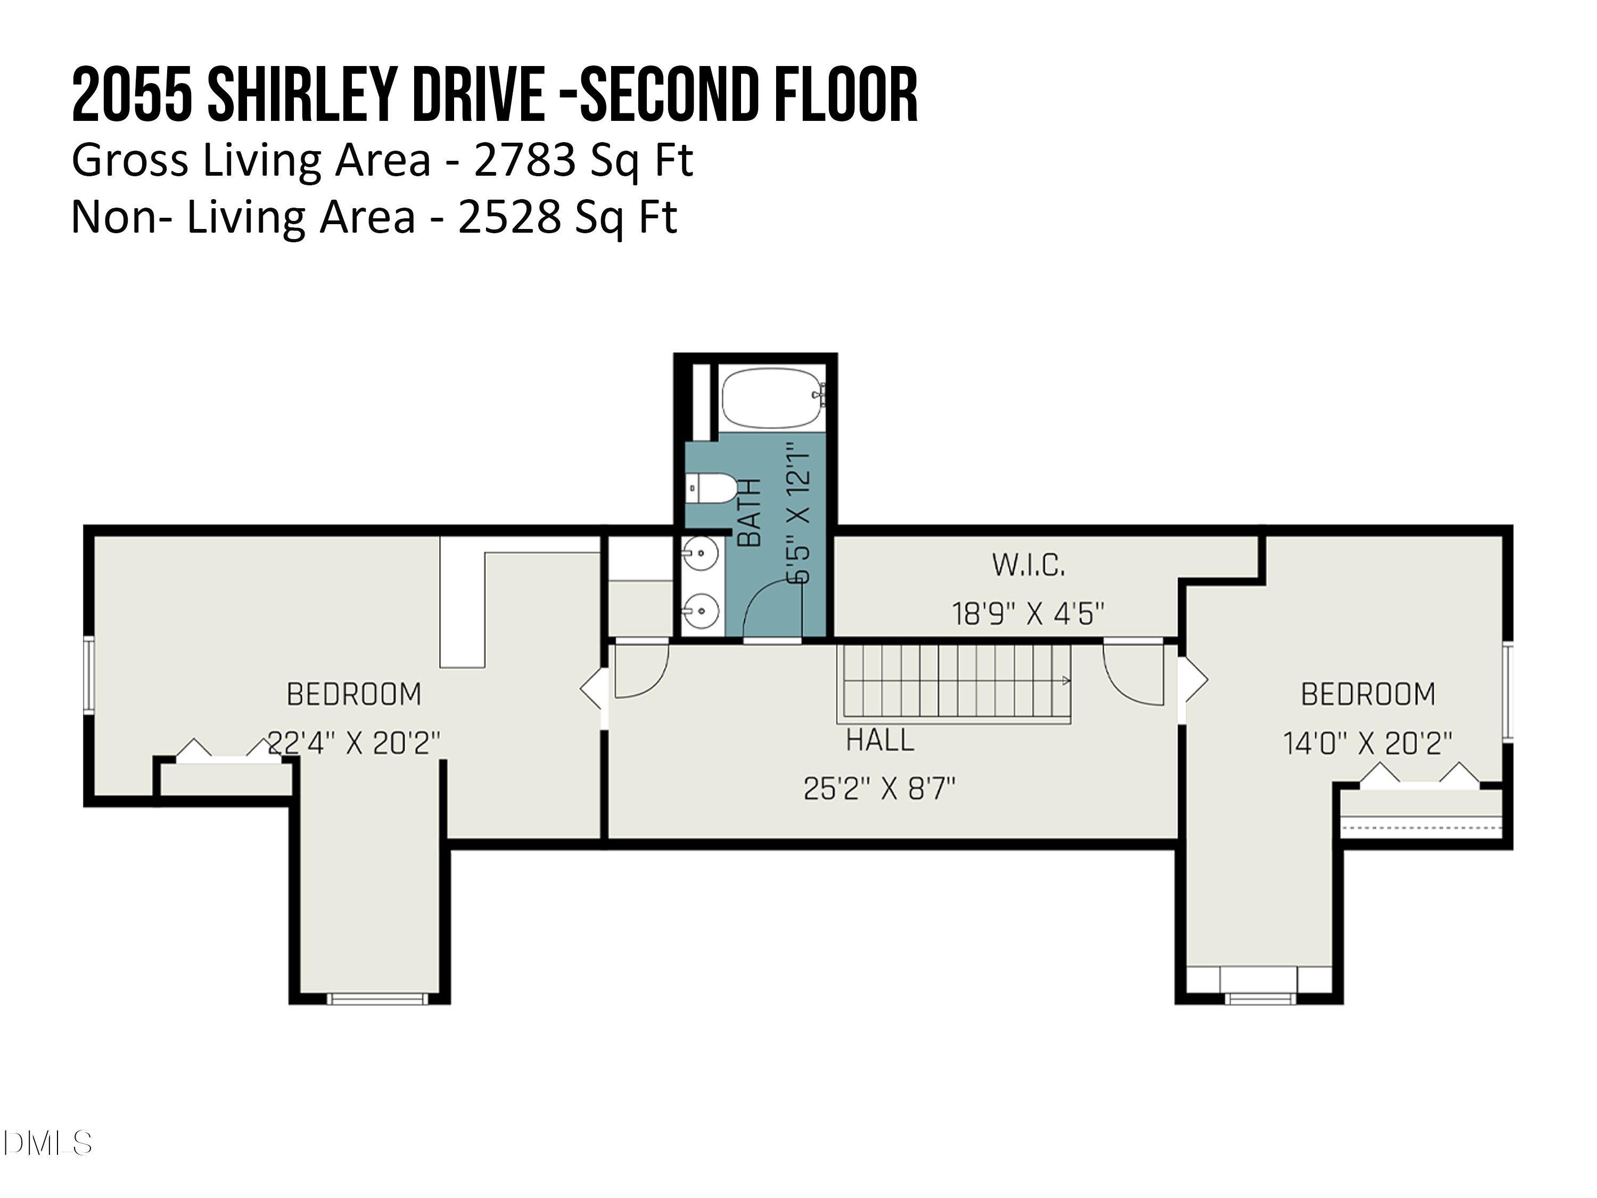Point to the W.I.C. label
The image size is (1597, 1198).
point(1028,565)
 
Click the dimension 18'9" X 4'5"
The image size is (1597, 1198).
point(1028,614)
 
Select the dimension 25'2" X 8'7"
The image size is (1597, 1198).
point(879,789)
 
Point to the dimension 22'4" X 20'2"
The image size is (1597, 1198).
point(354,743)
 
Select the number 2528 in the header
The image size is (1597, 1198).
point(510,217)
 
